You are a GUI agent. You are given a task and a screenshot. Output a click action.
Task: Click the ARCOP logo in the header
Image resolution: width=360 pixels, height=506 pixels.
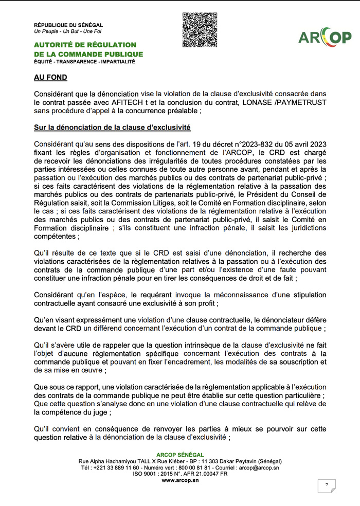(x=325, y=37)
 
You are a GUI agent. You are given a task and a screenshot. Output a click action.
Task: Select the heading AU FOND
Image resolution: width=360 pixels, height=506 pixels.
(x=50, y=77)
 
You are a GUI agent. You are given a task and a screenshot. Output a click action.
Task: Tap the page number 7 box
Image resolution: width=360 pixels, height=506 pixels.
(x=326, y=485)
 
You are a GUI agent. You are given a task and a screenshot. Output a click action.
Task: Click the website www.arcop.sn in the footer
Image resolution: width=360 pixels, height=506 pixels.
(x=179, y=480)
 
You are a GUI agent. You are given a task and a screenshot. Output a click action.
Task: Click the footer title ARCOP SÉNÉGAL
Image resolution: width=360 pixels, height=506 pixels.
(x=179, y=455)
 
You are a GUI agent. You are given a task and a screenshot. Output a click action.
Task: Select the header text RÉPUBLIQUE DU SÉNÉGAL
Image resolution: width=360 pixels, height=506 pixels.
(x=68, y=25)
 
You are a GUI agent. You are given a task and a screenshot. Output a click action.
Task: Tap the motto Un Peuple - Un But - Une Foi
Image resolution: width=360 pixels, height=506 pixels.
(x=67, y=31)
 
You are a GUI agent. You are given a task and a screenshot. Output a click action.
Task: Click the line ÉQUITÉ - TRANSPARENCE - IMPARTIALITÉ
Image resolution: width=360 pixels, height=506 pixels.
(x=84, y=62)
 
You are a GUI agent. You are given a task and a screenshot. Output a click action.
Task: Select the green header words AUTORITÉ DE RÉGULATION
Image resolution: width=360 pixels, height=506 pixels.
(x=85, y=45)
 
